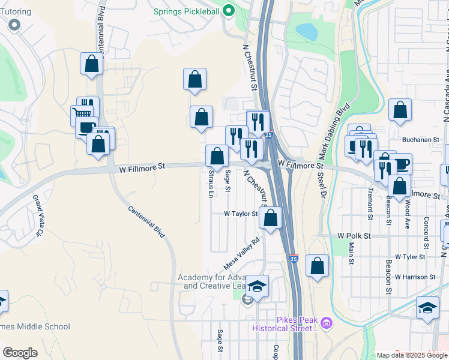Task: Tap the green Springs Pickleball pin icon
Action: [228, 10]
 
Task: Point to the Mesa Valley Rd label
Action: [241, 253]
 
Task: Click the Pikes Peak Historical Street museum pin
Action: [326, 323]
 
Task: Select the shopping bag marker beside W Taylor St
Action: [271, 218]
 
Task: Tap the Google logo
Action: [20, 353]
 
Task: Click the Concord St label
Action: [426, 233]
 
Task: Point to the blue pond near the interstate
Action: [306, 31]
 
